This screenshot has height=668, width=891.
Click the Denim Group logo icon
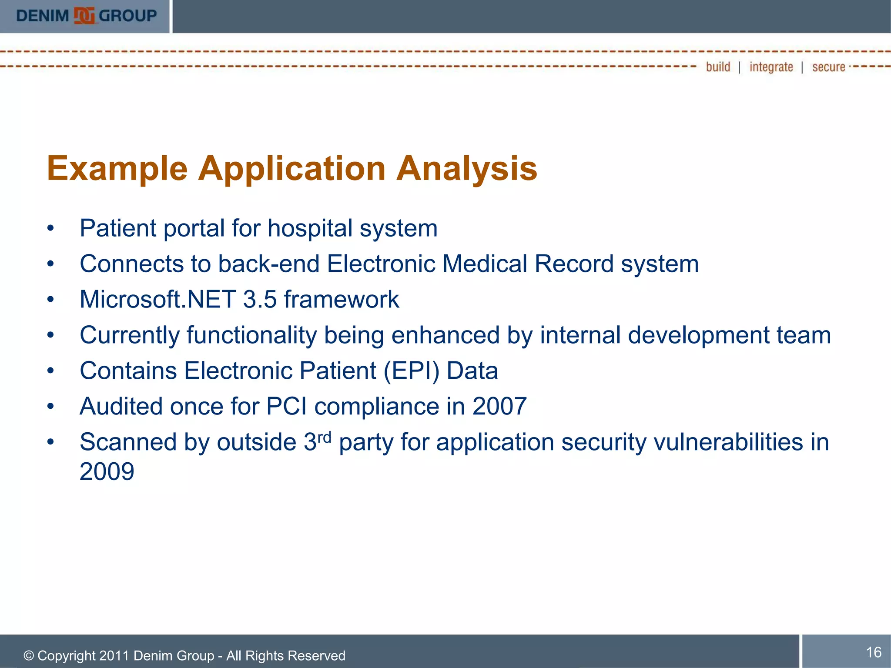click(84, 16)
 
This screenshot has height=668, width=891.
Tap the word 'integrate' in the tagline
click(771, 67)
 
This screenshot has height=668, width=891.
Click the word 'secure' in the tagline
click(828, 67)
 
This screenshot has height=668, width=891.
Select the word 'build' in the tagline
click(718, 67)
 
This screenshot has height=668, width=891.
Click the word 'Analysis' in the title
click(466, 169)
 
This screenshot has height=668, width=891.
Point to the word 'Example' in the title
click(117, 169)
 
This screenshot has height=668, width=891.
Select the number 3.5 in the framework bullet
click(260, 299)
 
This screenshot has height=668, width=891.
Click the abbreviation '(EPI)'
click(411, 371)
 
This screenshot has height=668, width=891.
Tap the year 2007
click(499, 406)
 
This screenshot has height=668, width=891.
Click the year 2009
click(107, 471)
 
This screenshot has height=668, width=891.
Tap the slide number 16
click(874, 652)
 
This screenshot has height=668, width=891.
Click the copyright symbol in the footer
click(29, 656)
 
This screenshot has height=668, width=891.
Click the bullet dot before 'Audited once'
click(51, 406)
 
